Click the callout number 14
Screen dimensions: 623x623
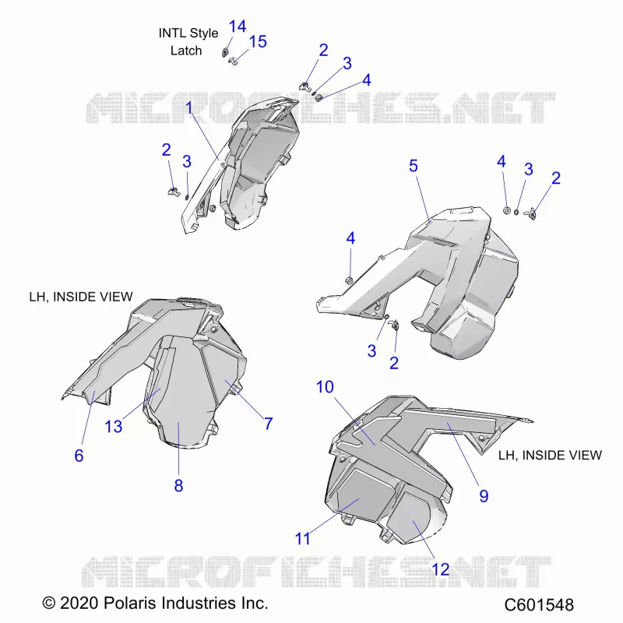point(238,26)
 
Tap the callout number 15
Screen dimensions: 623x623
point(258,42)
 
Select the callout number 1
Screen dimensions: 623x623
point(189,107)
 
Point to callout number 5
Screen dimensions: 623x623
point(414,166)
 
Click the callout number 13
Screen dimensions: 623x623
point(113,426)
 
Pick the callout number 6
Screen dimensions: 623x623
point(79,456)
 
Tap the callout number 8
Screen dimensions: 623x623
point(178,485)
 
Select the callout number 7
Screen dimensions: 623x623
point(269,424)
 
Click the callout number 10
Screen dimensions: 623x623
point(325,386)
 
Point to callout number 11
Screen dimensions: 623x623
point(302,539)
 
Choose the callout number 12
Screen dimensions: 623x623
point(440,569)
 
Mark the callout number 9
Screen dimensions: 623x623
point(484,496)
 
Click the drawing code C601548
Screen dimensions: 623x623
point(539,605)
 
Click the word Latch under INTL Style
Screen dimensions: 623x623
point(186,51)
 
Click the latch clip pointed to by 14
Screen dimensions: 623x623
point(225,52)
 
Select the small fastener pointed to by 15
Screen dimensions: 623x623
point(233,62)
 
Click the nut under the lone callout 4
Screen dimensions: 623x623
point(350,280)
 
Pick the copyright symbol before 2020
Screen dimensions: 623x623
point(49,603)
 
